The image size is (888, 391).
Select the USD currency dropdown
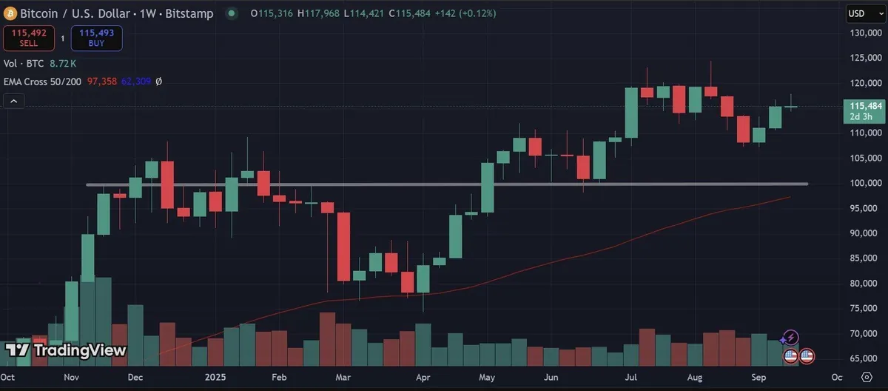coord(858,13)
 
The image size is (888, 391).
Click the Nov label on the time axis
coord(71,377)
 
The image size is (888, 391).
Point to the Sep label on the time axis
coord(758,377)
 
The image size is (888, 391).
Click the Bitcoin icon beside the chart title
coord(10,13)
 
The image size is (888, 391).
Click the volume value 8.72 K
coord(62,64)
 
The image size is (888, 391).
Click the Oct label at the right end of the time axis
coord(838,377)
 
